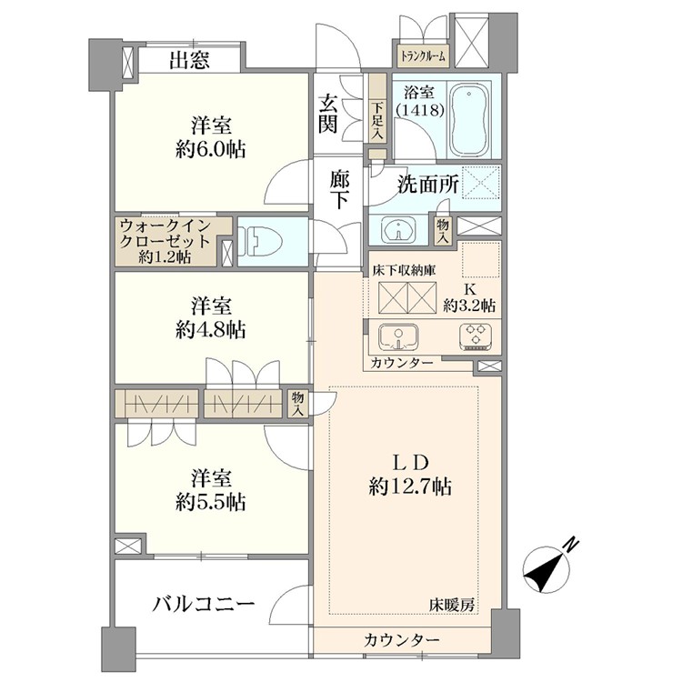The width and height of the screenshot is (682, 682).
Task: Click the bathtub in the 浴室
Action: (x=471, y=120)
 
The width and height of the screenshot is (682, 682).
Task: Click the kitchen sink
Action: (x=398, y=336)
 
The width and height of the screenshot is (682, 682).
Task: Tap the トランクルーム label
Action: (x=423, y=56)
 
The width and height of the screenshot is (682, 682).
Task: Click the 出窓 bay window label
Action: (x=190, y=60)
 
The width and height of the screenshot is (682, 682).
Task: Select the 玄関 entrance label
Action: (x=328, y=113)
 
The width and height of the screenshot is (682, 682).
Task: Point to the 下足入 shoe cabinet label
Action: (x=376, y=120)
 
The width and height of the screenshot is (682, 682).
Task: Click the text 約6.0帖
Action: (x=211, y=150)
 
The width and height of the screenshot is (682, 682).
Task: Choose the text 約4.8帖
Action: (x=211, y=330)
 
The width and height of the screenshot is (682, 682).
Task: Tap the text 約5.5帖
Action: (x=211, y=502)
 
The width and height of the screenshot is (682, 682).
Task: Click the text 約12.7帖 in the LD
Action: (x=411, y=486)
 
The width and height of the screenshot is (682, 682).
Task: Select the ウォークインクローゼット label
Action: (x=165, y=234)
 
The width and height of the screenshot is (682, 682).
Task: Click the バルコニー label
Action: (x=203, y=604)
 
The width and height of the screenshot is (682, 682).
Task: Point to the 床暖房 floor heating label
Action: (x=452, y=605)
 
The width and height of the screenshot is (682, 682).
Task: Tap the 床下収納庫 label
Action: (x=404, y=270)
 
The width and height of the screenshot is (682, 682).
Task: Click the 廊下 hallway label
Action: (x=339, y=190)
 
